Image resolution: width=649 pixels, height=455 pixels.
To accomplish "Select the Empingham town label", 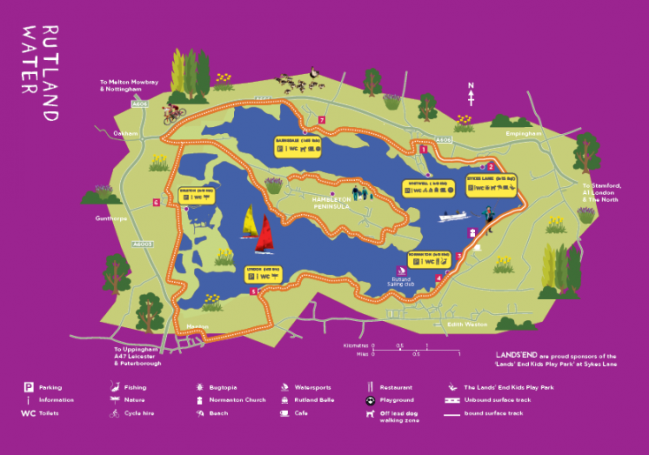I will click(x=523, y=133).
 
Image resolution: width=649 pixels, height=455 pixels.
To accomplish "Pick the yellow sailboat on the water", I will click(x=249, y=221).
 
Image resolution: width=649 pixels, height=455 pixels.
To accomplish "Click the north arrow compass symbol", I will click(x=472, y=93).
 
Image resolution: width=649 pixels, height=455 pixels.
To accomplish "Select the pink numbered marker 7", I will click(x=322, y=120).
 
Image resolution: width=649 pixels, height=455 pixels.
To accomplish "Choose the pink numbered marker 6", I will click(x=155, y=203).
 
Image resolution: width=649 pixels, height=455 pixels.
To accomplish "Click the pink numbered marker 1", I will click(x=424, y=150).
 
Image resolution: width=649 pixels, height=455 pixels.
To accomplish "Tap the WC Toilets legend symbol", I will click(x=27, y=413).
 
